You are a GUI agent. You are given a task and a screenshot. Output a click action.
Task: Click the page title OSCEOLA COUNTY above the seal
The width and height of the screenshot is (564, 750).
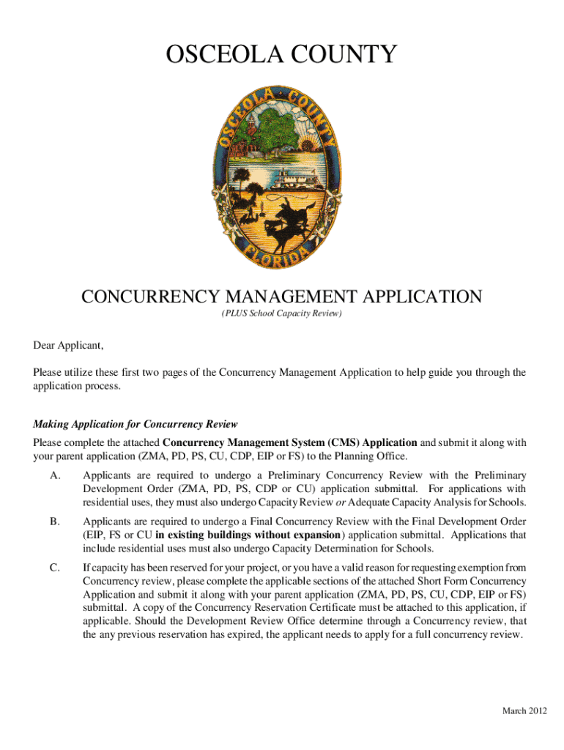pyautogui.click(x=281, y=54)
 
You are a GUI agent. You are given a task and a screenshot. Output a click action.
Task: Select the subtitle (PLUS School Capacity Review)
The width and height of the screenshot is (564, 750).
pyautogui.click(x=282, y=314)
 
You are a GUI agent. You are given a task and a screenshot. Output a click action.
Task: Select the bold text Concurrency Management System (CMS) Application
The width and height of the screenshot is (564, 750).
pyautogui.click(x=289, y=442)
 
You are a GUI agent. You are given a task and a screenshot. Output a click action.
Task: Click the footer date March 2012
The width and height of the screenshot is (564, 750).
pyautogui.click(x=524, y=712)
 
